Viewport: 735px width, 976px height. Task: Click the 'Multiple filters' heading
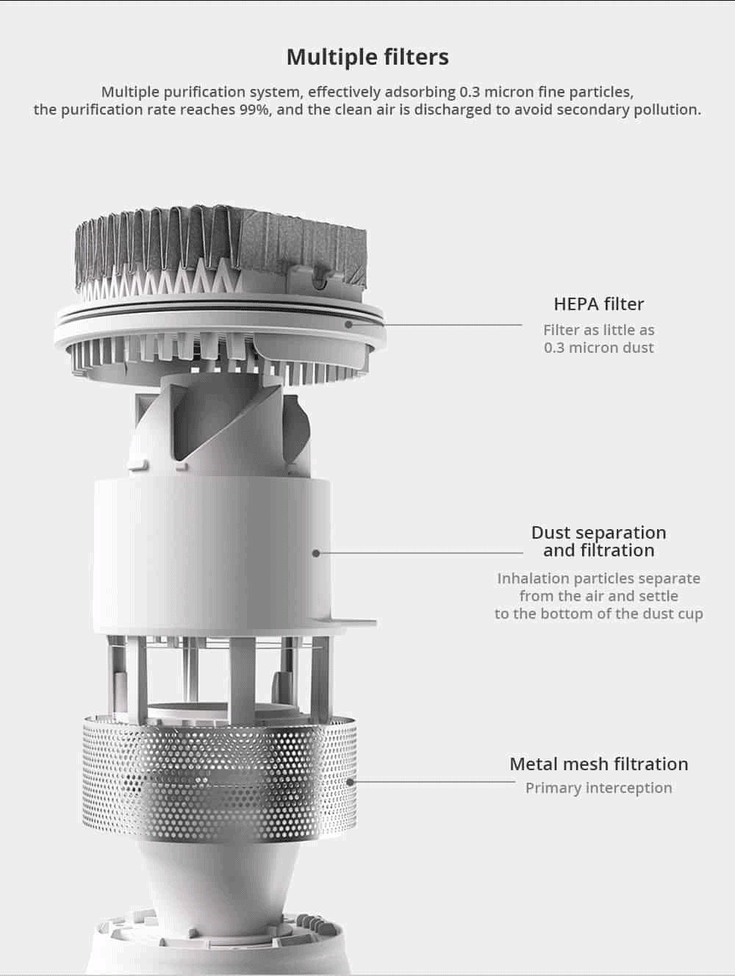pos(367,57)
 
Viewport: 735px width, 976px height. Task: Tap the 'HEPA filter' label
pos(598,304)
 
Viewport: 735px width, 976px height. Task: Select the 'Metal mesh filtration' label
pos(598,764)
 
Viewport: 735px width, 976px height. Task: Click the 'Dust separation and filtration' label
pos(598,542)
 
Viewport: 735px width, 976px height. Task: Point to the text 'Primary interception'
pos(598,788)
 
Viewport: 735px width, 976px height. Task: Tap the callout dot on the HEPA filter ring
pos(348,325)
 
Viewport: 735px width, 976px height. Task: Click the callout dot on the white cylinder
pos(316,553)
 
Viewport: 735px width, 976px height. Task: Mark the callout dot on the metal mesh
pos(350,782)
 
